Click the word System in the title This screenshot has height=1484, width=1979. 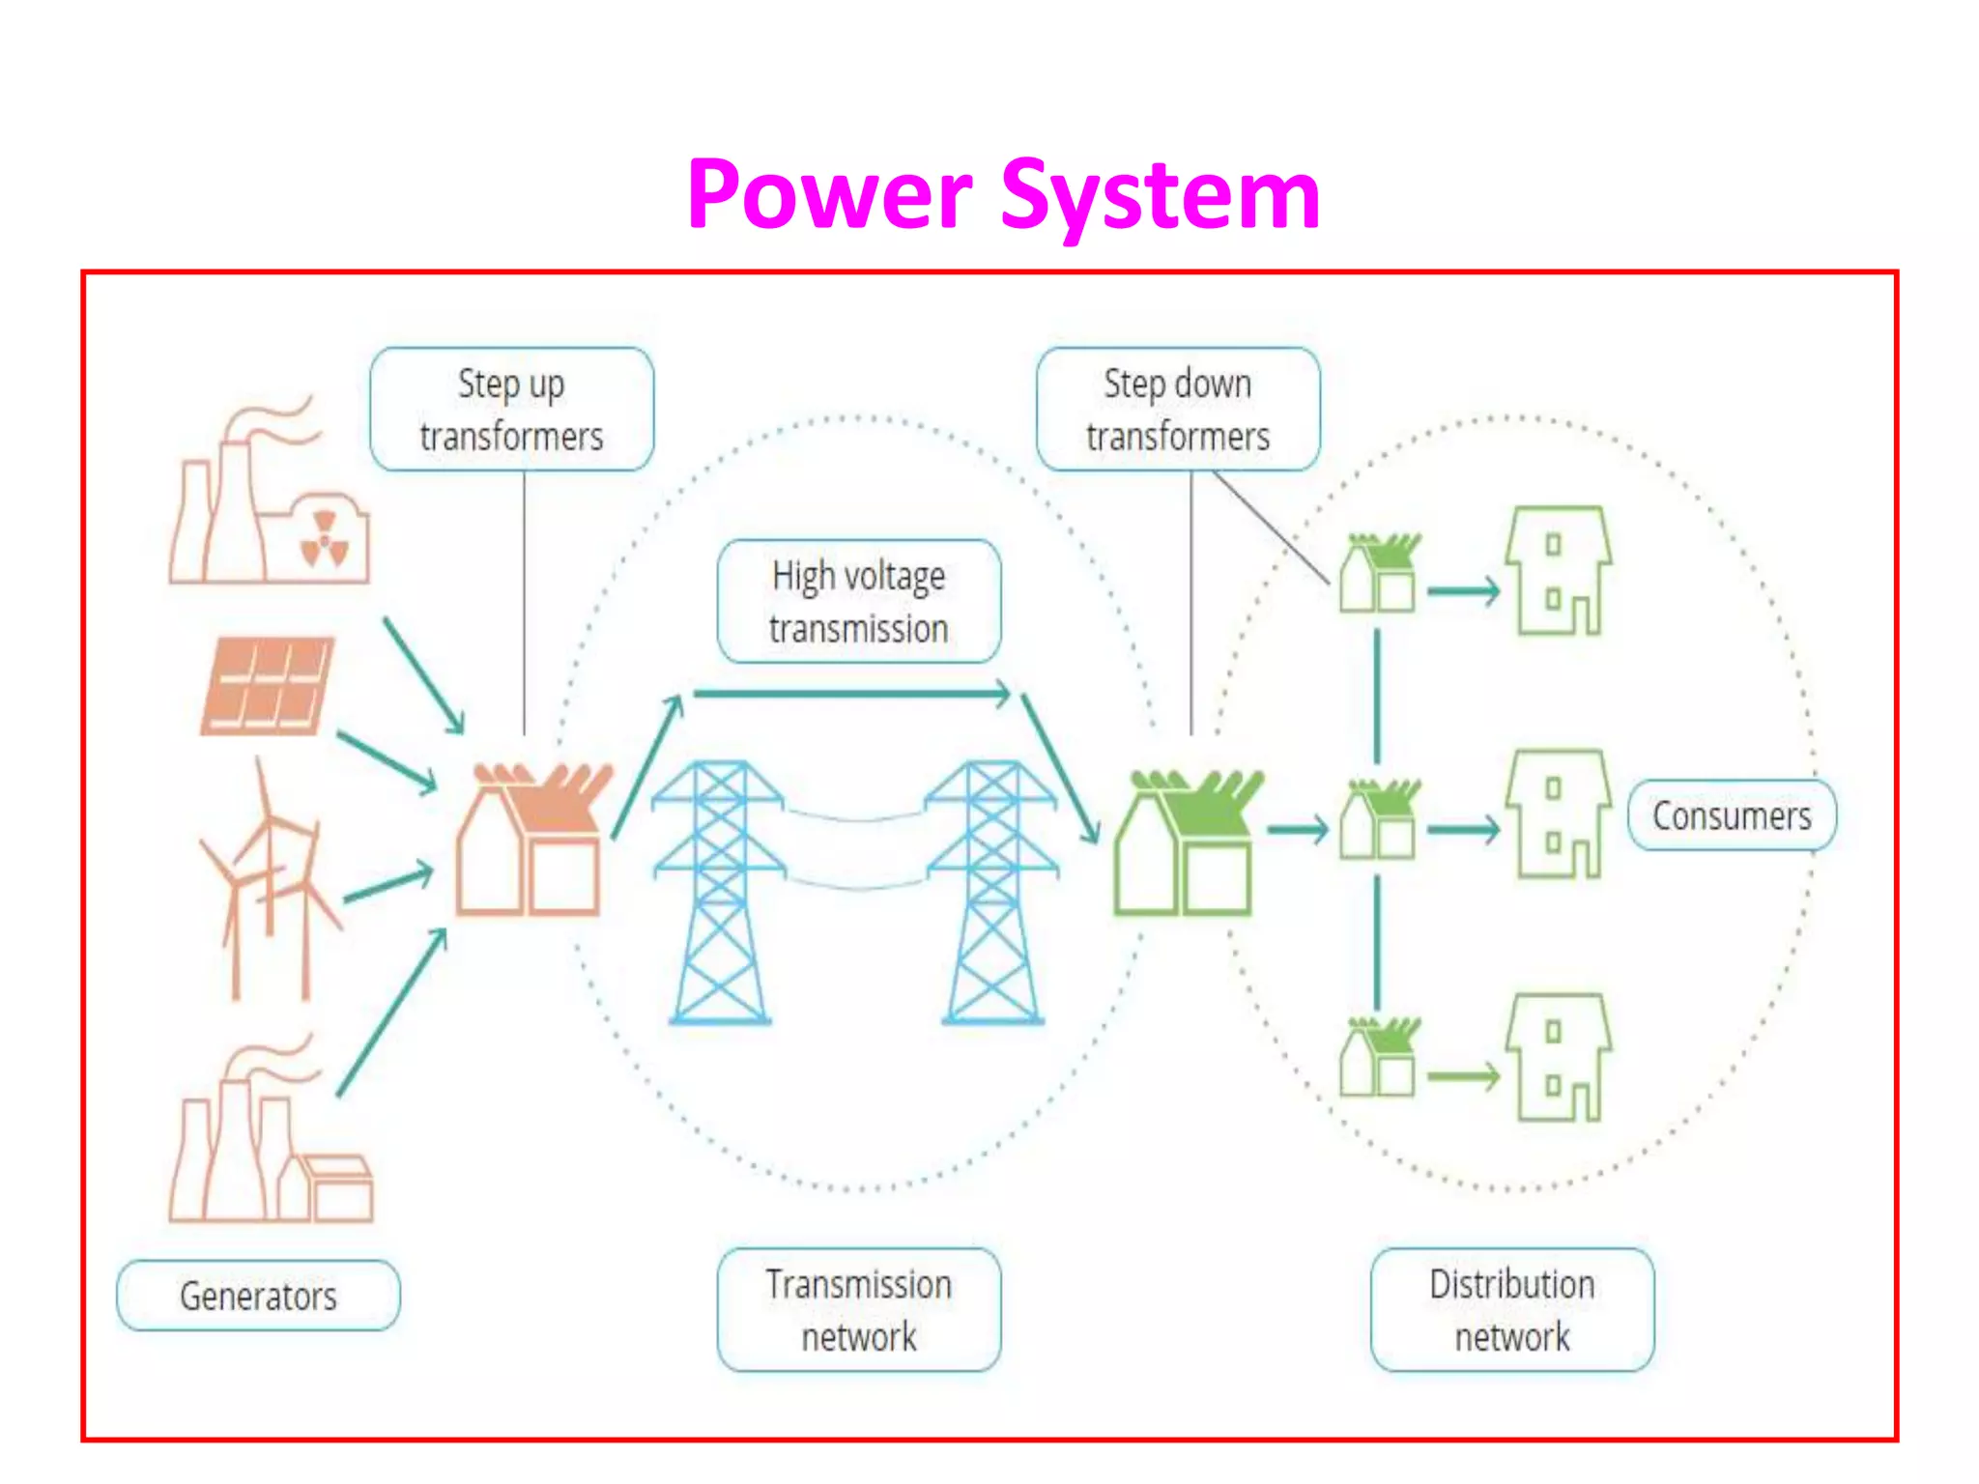coord(1160,196)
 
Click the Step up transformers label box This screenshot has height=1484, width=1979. coord(511,410)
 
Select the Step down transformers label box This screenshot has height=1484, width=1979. coord(1177,410)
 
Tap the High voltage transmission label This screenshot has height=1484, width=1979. coord(858,601)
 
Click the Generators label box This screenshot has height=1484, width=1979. coord(258,1296)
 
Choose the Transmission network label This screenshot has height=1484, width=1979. coord(858,1310)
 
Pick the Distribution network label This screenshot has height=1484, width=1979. coord(1511,1310)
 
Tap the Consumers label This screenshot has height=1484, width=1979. coord(1731,815)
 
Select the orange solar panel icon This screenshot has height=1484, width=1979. coord(268,685)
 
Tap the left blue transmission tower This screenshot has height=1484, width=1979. coord(718,894)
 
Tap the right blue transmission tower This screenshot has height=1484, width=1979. coord(992,894)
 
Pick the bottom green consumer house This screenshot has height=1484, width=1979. coord(1558,1058)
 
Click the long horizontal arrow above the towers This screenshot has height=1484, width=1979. coord(850,693)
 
